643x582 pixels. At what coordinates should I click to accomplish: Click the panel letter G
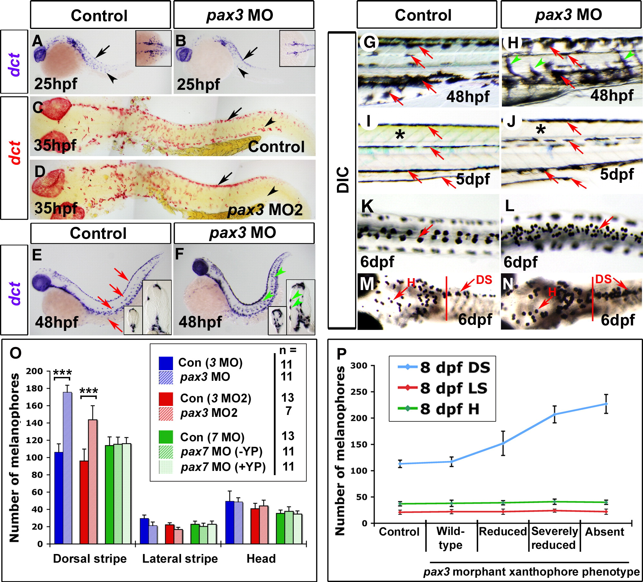click(369, 42)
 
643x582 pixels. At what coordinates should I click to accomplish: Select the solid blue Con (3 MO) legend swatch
click(166, 363)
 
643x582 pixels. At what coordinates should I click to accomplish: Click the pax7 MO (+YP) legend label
click(223, 467)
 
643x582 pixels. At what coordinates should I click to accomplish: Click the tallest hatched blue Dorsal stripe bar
click(67, 467)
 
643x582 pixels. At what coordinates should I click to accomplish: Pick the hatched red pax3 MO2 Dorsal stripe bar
click(93, 481)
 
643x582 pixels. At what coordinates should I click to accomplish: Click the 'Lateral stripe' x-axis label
click(180, 559)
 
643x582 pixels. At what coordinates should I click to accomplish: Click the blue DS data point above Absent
click(606, 404)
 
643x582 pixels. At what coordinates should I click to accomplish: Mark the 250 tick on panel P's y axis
click(360, 392)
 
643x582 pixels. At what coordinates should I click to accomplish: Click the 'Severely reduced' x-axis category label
click(554, 538)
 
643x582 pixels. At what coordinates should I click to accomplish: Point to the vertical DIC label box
click(342, 180)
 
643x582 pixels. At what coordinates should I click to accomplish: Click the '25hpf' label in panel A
click(56, 84)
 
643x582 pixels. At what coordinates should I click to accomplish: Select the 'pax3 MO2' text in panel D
click(265, 210)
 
